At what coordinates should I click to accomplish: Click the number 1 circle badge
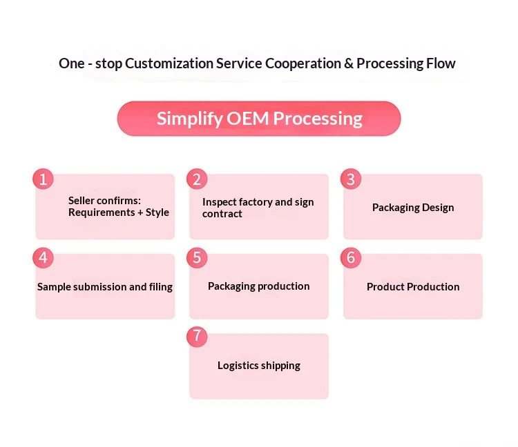pos(43,179)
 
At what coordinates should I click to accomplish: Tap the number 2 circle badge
pos(197,179)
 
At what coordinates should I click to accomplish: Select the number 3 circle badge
pos(351,179)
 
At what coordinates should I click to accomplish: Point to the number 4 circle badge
pos(43,257)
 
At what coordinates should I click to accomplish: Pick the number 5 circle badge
pos(197,257)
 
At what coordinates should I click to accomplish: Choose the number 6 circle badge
pos(351,257)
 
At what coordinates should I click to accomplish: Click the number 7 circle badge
pos(197,337)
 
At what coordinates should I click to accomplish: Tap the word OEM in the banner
pos(247,119)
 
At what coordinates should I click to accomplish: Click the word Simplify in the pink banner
pos(190,119)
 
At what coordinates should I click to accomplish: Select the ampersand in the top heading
pos(349,63)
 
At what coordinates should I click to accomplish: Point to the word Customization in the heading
pos(169,63)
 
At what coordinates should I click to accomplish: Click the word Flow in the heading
pos(441,63)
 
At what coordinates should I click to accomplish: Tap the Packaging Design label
pos(413,208)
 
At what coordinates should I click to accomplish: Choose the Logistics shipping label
pos(259,366)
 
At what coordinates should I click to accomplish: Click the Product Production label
pos(413,287)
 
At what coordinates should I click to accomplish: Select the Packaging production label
pos(259,286)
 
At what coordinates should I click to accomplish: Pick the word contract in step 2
pos(222,214)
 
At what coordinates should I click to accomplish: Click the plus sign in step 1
pos(140,212)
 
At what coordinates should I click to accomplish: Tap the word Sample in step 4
pos(54,287)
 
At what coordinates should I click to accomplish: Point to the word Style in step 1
pos(157,212)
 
